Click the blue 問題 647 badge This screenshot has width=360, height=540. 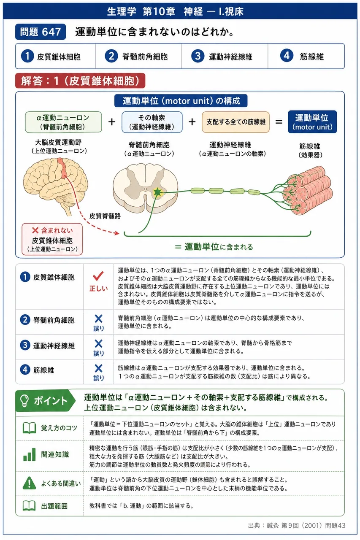[x=41, y=32]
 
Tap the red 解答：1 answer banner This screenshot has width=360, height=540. [x=80, y=81]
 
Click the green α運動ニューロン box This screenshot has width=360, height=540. [x=63, y=122]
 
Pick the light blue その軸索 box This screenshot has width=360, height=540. [x=152, y=122]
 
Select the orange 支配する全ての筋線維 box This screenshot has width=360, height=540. [x=235, y=122]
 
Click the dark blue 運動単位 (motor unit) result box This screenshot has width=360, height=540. [x=312, y=122]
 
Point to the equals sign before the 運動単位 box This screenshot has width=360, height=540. [x=279, y=122]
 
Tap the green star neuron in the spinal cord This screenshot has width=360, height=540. [x=157, y=192]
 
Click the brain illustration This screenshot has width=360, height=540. [x=55, y=186]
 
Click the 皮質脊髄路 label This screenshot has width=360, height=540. [x=105, y=216]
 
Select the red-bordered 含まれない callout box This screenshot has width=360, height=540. [x=52, y=239]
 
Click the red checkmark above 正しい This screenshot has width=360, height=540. [x=98, y=276]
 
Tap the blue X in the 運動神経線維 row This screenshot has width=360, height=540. [x=98, y=343]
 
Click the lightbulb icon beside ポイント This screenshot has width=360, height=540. [x=24, y=400]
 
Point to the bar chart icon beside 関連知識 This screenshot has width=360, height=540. [x=30, y=454]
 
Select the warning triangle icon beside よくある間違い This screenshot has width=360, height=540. [x=29, y=483]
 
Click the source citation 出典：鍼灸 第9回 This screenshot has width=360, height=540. [x=297, y=525]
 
